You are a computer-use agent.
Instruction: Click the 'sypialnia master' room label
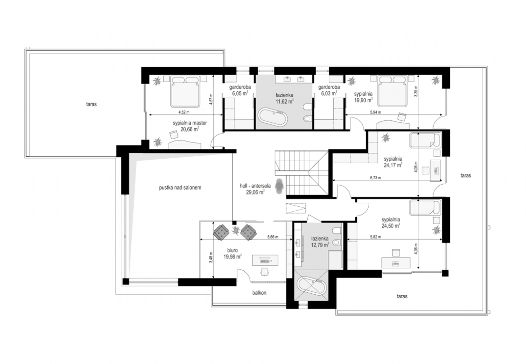pyautogui.click(x=189, y=123)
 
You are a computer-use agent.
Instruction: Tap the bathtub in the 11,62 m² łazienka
pyautogui.click(x=273, y=117)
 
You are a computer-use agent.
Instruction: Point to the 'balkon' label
pyautogui.click(x=259, y=293)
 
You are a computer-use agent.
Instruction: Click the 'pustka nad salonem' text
pyautogui.click(x=180, y=188)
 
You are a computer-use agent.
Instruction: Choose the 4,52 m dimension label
pyautogui.click(x=184, y=112)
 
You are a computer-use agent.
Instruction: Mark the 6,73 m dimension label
pyautogui.click(x=375, y=178)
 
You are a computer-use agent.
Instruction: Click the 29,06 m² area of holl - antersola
pyautogui.click(x=255, y=192)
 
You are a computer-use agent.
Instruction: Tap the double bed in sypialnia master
pyautogui.click(x=185, y=91)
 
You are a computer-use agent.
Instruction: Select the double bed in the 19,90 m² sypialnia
pyautogui.click(x=392, y=91)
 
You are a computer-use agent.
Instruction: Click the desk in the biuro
pyautogui.click(x=265, y=260)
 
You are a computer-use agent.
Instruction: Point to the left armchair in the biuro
pyautogui.click(x=221, y=232)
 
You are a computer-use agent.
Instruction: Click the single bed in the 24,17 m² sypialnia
pyautogui.click(x=425, y=140)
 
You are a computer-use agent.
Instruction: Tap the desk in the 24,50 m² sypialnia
pyautogui.click(x=396, y=262)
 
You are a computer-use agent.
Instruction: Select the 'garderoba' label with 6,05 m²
pyautogui.click(x=240, y=87)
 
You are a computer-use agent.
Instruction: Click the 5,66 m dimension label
pyautogui.click(x=273, y=237)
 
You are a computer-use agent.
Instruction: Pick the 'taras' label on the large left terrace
pyautogui.click(x=91, y=104)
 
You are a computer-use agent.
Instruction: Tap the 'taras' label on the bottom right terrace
pyautogui.click(x=402, y=296)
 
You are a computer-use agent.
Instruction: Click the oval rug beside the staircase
pyautogui.click(x=279, y=186)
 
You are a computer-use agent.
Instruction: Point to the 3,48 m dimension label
pyautogui.click(x=211, y=257)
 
